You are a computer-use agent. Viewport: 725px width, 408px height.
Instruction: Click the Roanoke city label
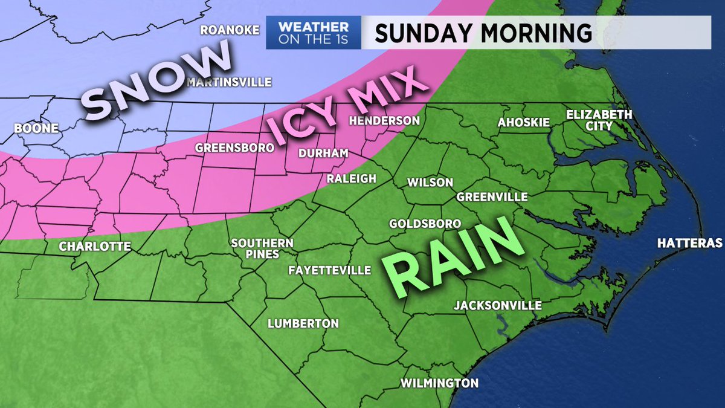pyautogui.click(x=230, y=30)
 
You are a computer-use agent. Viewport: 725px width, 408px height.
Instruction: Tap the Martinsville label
pyautogui.click(x=230, y=82)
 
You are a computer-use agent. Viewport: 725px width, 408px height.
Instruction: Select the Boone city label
pyautogui.click(x=36, y=128)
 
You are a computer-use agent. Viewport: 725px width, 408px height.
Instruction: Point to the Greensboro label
pyautogui.click(x=230, y=147)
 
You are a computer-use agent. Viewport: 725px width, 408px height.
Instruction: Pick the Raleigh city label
pyautogui.click(x=352, y=178)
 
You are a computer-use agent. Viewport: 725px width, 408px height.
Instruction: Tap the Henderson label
pyautogui.click(x=384, y=121)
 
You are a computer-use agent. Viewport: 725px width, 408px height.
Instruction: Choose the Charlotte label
pyautogui.click(x=95, y=246)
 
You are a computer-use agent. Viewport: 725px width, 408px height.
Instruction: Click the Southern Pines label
pyautogui.click(x=263, y=248)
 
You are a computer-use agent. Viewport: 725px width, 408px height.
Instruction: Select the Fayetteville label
pyautogui.click(x=329, y=269)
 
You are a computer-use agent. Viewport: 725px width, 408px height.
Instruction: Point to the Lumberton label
pyautogui.click(x=303, y=323)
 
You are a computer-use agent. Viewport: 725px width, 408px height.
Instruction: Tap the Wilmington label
pyautogui.click(x=439, y=383)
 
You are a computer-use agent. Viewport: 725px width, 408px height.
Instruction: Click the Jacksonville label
pyautogui.click(x=498, y=305)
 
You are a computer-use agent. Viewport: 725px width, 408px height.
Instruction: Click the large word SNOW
pyautogui.click(x=154, y=85)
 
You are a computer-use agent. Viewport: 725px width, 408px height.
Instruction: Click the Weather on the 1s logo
pyautogui.click(x=314, y=32)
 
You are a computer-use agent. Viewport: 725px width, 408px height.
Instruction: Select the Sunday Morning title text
pyautogui.click(x=483, y=33)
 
